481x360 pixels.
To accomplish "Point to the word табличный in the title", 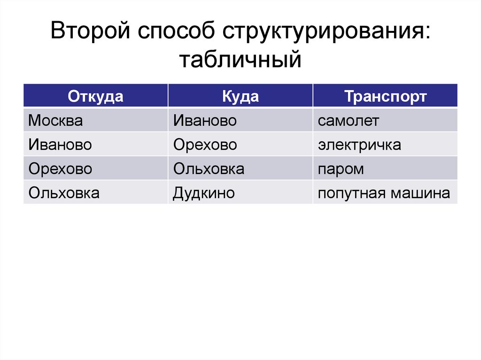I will pos(240,60).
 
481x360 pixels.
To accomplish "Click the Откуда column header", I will pos(95,97).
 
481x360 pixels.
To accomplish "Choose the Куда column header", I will pos(240,97).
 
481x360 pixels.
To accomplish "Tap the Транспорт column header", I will pos(385,97).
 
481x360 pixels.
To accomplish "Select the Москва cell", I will pos(55,121).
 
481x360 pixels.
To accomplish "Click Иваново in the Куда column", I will pos(204,121).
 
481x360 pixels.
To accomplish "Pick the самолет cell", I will pos(348,121).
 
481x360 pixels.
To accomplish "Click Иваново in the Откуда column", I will pos(60,145).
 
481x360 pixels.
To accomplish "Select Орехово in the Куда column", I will pos(205,145).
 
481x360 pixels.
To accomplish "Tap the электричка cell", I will pos(359,145).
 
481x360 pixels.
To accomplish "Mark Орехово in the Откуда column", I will pos(60,169).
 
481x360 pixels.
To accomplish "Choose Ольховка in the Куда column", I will pos(209,169).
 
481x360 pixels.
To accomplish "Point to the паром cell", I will pos(341,169).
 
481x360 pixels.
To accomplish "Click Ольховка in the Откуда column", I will pos(64,192).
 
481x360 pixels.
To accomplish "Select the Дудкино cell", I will pos(204,192).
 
